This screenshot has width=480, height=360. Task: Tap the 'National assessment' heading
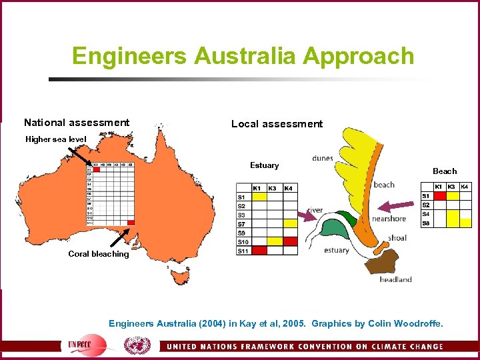77,123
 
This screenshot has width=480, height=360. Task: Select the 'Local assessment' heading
277,124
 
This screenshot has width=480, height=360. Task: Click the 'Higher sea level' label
56,139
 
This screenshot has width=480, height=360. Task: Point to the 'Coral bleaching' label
99,254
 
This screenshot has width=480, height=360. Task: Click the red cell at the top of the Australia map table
96,169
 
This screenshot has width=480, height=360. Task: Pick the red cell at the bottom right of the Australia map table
131,222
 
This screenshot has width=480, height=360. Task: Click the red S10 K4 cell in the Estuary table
290,241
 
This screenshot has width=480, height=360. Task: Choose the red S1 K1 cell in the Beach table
439,196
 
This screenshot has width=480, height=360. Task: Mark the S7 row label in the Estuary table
241,224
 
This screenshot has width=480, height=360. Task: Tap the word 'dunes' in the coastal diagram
323,159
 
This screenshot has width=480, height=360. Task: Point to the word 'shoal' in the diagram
397,238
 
